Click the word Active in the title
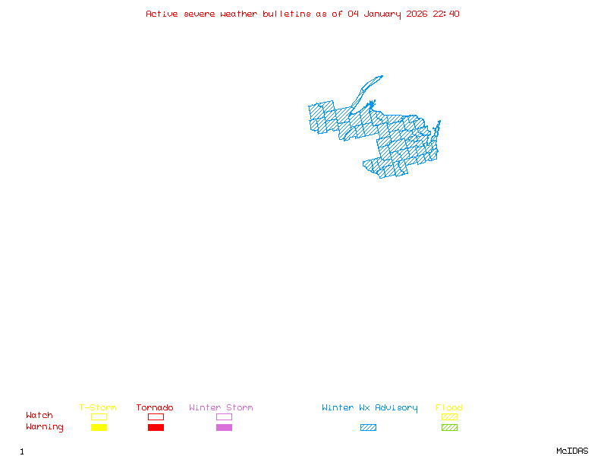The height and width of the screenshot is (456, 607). pos(162,14)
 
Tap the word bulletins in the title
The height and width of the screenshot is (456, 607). pos(287,14)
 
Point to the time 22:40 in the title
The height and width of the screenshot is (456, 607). pos(446,14)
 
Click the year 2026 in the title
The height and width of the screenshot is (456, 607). pos(416,14)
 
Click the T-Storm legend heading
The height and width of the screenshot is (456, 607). pos(98,407)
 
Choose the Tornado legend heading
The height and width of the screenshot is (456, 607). pos(155,407)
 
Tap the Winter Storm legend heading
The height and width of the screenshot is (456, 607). pos(221,407)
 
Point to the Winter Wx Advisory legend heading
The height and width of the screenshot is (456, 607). pos(370,407)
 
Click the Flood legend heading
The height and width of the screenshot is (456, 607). pos(449,407)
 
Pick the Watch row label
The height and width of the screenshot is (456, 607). pos(39,416)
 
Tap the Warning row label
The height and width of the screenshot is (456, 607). pos(45,427)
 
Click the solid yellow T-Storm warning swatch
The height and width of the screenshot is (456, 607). pos(99,428)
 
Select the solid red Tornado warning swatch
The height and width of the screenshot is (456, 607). pos(156,428)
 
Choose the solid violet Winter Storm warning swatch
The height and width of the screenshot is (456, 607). pos(224,428)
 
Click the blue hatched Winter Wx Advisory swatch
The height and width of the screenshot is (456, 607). pos(368,428)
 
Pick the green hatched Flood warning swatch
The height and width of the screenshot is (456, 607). pos(449,428)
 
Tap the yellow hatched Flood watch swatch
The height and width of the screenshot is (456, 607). pos(449,416)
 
